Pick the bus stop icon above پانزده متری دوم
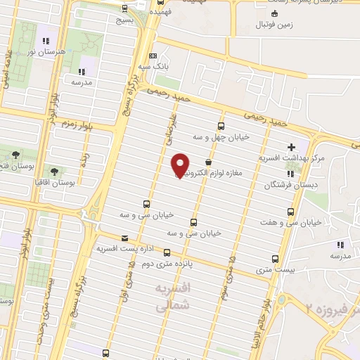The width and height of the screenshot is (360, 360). click(167, 252)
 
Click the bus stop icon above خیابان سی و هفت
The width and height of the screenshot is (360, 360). click(292, 211)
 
